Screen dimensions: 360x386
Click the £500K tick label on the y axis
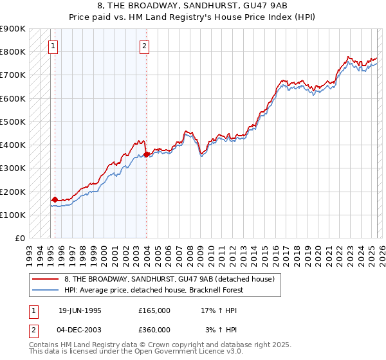pyautogui.click(x=13, y=122)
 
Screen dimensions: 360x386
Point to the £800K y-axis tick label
pyautogui.click(x=13, y=51)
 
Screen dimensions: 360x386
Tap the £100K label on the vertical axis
pyautogui.click(x=13, y=215)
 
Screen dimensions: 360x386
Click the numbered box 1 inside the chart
pyautogui.click(x=53, y=46)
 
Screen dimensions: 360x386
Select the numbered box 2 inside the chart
pyautogui.click(x=145, y=46)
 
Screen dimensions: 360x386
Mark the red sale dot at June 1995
pyautogui.click(x=55, y=199)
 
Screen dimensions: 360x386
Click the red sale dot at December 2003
pyautogui.click(x=146, y=154)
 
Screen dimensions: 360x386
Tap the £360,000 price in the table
pyautogui.click(x=154, y=330)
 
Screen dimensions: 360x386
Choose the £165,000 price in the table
pyautogui.click(x=154, y=310)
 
